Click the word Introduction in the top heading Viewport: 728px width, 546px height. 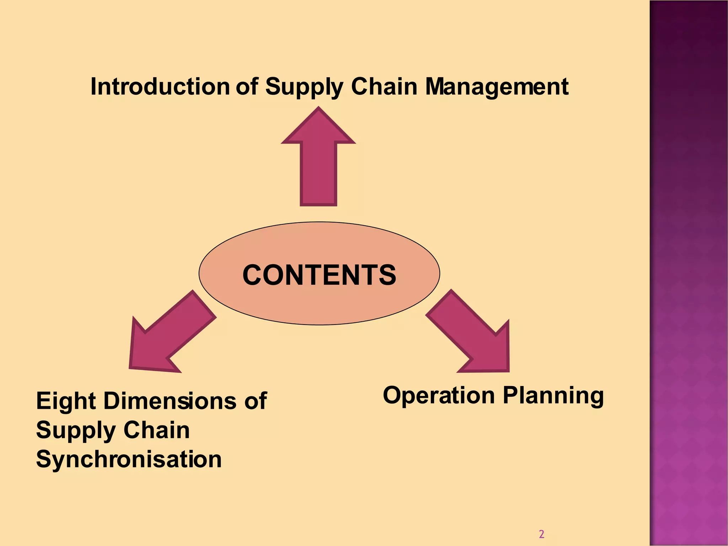tap(160, 86)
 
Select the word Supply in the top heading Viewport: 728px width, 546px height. tap(304, 86)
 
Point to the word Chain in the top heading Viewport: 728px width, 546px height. tap(384, 86)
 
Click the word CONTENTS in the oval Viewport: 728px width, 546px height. tap(319, 275)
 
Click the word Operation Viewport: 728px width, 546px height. tap(439, 395)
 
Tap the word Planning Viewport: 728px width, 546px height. tap(553, 395)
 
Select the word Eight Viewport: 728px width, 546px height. tap(66, 401)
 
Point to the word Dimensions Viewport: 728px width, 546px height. tap(170, 401)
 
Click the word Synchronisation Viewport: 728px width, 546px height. tap(129, 459)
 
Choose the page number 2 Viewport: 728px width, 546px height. tap(541, 534)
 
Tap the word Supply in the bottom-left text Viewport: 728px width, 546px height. tap(75, 430)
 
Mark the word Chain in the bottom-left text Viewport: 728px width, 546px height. tap(156, 430)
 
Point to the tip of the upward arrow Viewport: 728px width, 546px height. tap(318, 108)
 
